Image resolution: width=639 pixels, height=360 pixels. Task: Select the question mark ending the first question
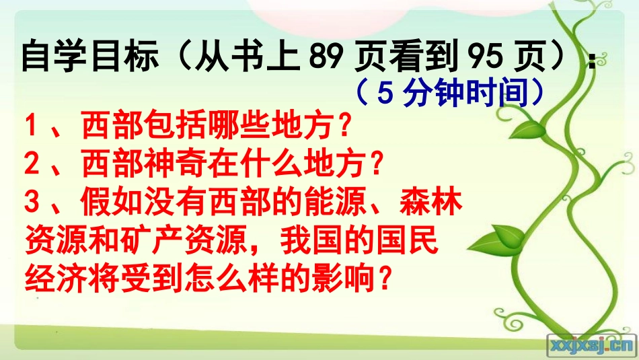coord(344,125)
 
